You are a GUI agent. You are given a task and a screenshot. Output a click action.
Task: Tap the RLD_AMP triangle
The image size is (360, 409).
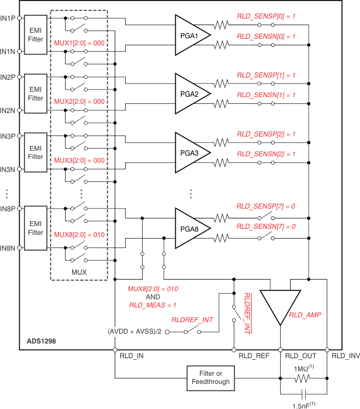[280, 307]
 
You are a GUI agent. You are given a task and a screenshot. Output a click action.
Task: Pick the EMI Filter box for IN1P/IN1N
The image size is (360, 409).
[36, 35]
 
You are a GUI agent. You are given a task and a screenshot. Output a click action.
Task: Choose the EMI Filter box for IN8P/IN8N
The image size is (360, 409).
[36, 228]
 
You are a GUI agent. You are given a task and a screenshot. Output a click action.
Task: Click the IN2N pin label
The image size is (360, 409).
[8, 110]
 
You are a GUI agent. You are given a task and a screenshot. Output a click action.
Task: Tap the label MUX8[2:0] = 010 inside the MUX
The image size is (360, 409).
[79, 235]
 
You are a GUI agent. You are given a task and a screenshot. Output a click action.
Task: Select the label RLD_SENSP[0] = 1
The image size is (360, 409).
[266, 16]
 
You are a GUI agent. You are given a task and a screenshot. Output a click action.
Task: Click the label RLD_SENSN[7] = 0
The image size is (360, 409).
[266, 227]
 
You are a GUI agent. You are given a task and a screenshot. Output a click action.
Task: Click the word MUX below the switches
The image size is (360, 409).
[79, 271]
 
